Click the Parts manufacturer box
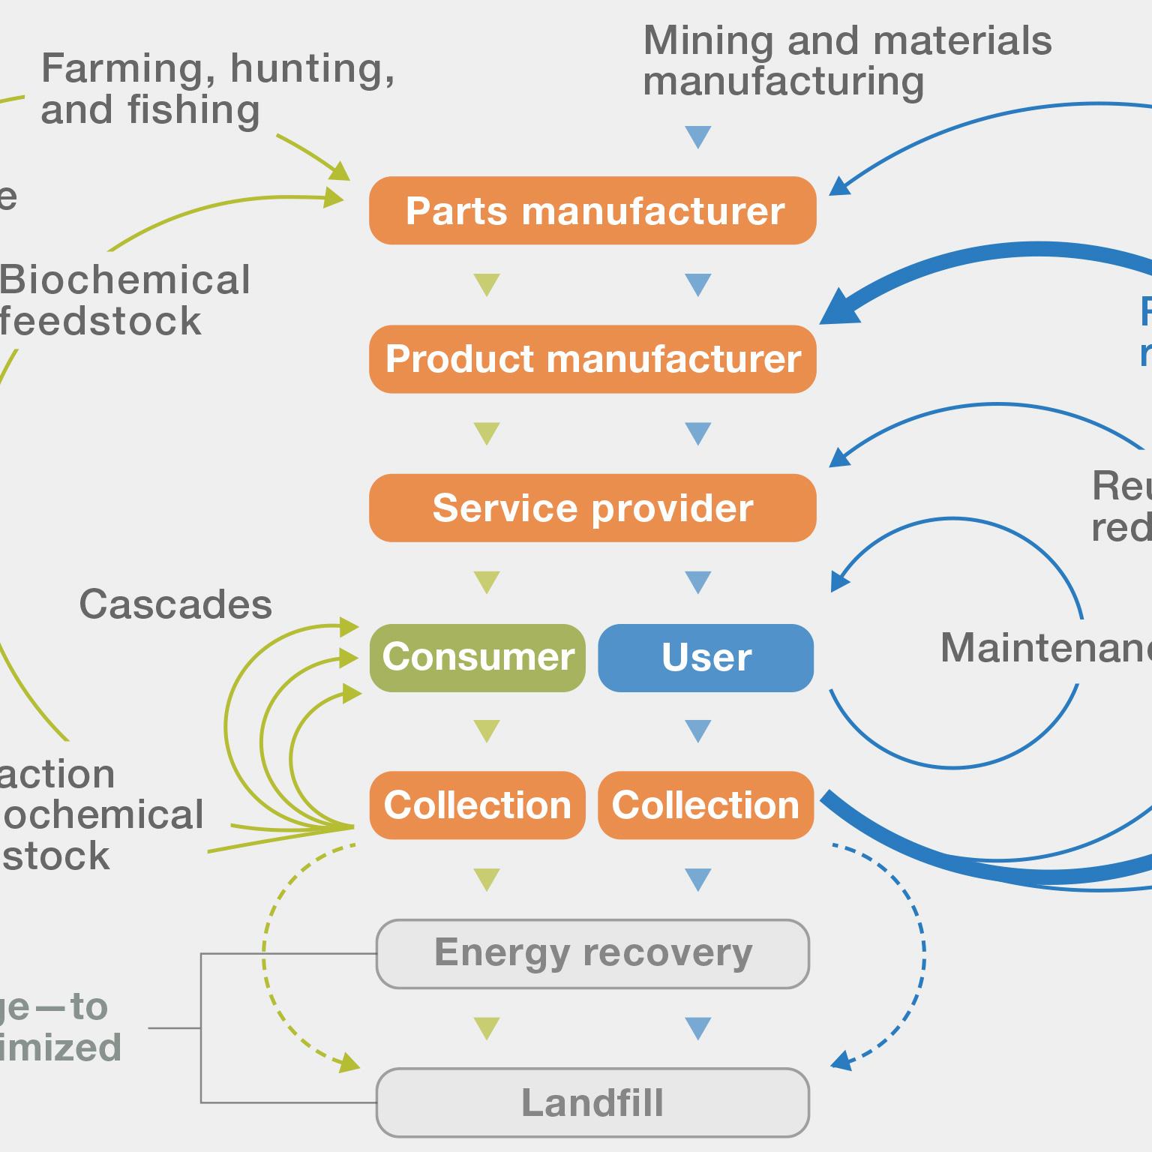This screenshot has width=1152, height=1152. [x=592, y=211]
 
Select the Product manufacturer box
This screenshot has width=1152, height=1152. [x=592, y=359]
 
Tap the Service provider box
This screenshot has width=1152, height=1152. [x=592, y=508]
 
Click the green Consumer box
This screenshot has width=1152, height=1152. [x=478, y=657]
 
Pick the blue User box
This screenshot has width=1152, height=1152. [x=706, y=657]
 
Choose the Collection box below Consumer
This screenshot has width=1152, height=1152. [x=478, y=805]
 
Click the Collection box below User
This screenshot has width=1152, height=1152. [x=706, y=805]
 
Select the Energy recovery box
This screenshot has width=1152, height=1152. [x=592, y=953]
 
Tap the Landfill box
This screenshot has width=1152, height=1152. [x=592, y=1102]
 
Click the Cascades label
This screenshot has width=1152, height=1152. [x=175, y=604]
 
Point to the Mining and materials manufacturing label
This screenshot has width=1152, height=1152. [x=847, y=61]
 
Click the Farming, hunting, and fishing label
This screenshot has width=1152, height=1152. [x=217, y=88]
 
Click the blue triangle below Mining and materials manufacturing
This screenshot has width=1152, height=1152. [x=698, y=137]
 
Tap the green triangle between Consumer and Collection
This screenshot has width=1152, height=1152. [x=487, y=730]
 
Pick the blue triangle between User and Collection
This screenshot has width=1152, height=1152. [x=698, y=730]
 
